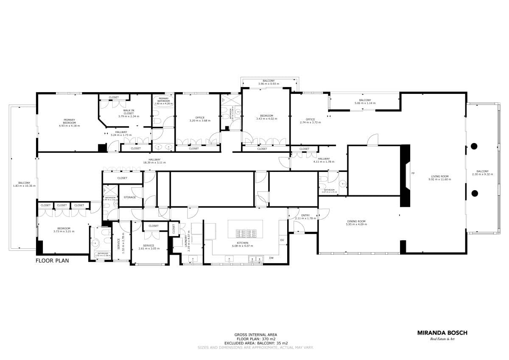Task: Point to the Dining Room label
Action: tap(356, 221)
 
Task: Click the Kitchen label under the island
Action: tap(243, 243)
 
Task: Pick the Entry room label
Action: tap(305, 215)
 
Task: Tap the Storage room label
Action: tap(130, 197)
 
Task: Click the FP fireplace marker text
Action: tap(412, 173)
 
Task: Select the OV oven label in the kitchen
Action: tap(282, 240)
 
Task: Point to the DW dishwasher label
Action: tap(271, 258)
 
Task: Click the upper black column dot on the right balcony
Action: tap(474, 146)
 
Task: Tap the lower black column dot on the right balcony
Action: tap(474, 194)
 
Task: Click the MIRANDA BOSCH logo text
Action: tap(442, 333)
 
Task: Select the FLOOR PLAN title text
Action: tap(52, 261)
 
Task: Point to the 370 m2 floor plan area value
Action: tap(268, 339)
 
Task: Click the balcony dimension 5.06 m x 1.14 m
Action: tap(365, 103)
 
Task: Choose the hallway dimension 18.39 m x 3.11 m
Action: tap(154, 163)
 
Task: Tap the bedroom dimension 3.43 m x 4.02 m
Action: tap(266, 119)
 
